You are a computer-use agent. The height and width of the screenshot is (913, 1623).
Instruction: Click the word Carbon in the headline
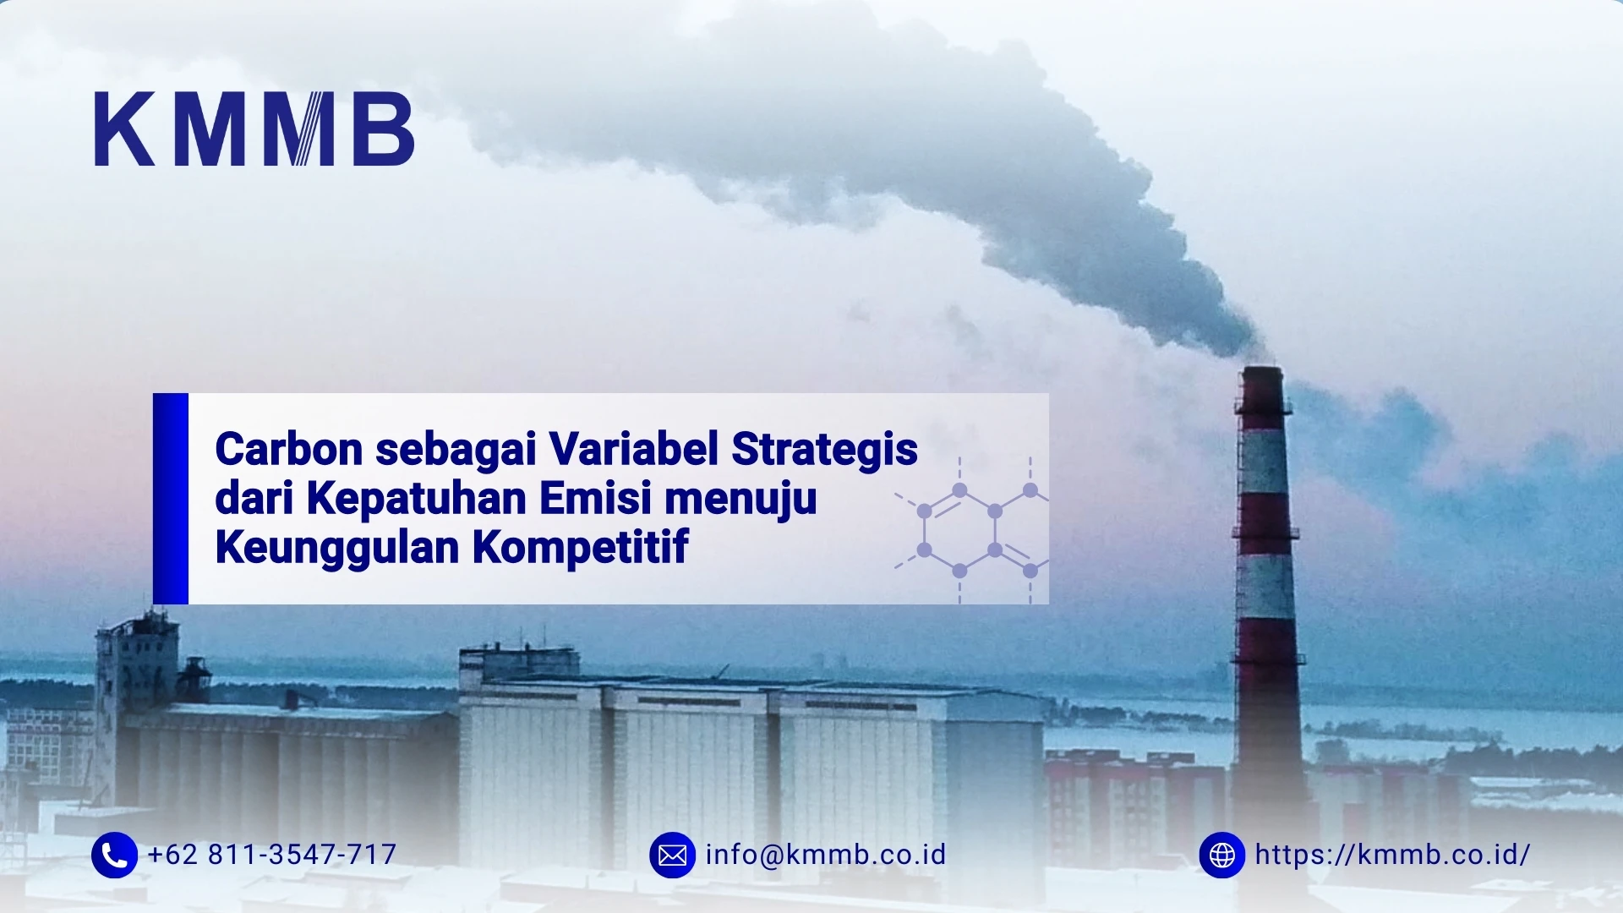pos(289,449)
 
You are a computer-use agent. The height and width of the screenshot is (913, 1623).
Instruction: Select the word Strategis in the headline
pos(824,449)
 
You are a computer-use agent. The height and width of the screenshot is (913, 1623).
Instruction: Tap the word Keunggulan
pos(337,548)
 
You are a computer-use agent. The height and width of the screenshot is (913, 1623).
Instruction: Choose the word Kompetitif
pos(581,548)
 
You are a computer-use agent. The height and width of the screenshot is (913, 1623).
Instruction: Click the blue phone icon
pos(114,855)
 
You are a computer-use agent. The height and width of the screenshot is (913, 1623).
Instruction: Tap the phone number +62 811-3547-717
pos(271,855)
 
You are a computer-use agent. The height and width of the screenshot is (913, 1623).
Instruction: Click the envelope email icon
pos(672,855)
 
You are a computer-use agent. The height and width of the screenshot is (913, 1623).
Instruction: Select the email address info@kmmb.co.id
pos(826,855)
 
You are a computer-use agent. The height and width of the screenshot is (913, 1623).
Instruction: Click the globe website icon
pos(1221,855)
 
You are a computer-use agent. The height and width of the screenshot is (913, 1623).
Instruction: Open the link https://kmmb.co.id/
pos(1392,855)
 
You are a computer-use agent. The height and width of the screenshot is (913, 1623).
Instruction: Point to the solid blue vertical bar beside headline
pos(171,499)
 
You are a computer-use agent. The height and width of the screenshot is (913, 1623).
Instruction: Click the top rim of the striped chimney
pos(1262,370)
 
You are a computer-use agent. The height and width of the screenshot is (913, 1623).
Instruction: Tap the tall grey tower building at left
pos(135,676)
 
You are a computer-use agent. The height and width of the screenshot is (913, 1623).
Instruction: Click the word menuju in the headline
pos(740,499)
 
